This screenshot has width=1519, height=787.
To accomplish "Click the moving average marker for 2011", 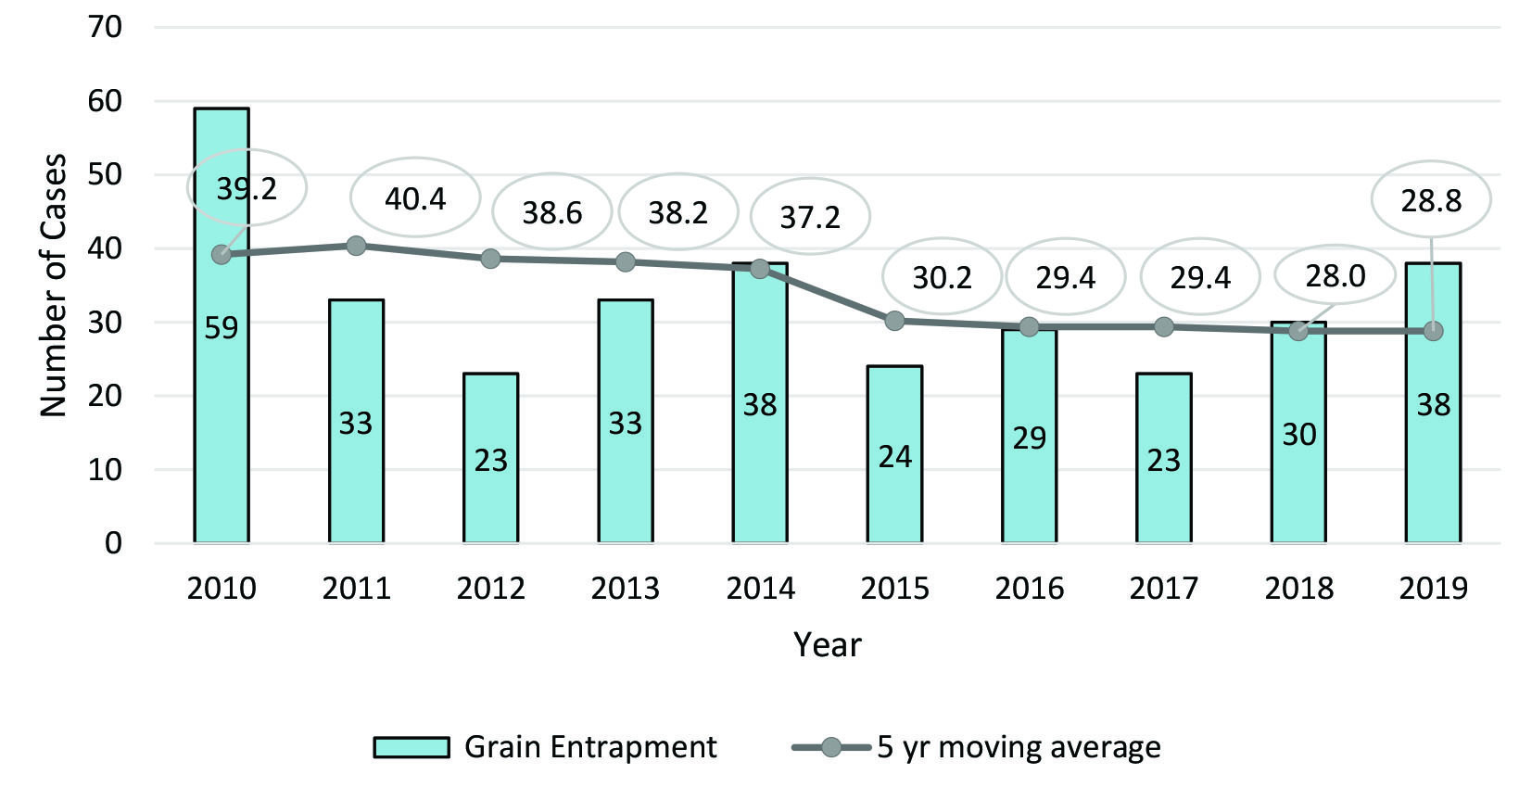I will pos(356,246).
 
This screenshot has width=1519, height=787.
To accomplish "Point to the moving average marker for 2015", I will pos(894,321).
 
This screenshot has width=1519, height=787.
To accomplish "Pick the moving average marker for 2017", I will pos(1164,326).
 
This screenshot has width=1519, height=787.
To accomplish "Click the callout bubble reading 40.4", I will pos(415,198).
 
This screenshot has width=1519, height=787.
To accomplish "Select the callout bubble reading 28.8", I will pos(1431,200).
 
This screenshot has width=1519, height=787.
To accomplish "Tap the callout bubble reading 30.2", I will pos(942,277).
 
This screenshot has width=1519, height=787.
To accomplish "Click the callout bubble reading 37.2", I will pos(810,217).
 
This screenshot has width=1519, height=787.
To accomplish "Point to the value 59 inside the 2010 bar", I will pos(221,328).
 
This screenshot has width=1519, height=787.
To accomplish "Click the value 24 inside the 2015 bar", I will pos(894,456).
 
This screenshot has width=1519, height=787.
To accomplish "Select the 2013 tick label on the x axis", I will pos(626,588).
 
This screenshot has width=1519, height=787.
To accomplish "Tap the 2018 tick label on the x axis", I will pos(1298,588).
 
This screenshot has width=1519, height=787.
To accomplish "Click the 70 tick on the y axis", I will pos(106,27).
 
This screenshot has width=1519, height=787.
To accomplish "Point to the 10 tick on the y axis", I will pos(106,469).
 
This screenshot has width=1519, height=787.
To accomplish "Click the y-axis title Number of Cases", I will pos(54,285).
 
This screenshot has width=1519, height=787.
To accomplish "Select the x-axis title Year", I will pos(827,644).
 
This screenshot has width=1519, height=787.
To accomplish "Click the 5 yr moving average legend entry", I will pos(977,747).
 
